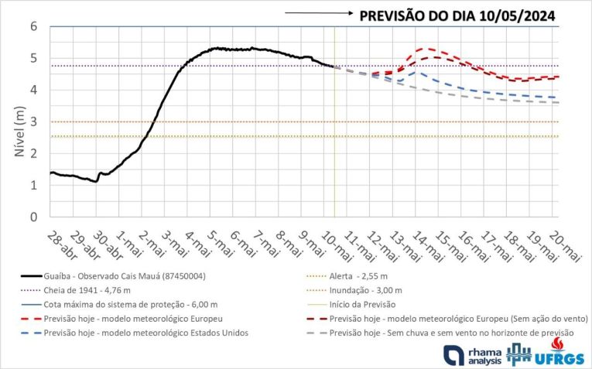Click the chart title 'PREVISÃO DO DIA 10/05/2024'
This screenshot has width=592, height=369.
[457, 15]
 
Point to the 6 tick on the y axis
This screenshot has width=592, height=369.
[34, 26]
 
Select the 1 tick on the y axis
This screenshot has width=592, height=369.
[34, 185]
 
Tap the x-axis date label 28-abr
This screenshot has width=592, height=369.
[60, 245]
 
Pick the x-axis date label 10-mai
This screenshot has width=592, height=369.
[336, 245]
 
